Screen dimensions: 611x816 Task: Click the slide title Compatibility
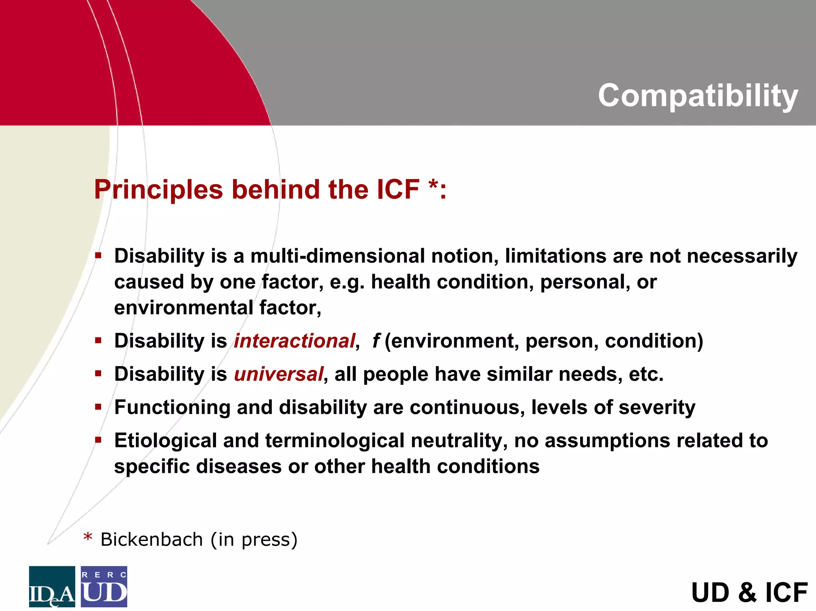click(x=698, y=96)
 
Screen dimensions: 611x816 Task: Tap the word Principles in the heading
click(x=158, y=189)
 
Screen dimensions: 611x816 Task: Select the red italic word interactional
click(x=294, y=341)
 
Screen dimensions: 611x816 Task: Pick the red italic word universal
click(x=279, y=374)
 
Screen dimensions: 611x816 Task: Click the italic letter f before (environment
click(x=375, y=341)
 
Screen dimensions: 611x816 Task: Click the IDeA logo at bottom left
click(x=52, y=586)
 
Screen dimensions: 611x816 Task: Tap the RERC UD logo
click(x=104, y=586)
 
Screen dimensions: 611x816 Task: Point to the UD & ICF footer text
click(x=749, y=592)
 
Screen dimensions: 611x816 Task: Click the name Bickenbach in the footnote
click(x=151, y=540)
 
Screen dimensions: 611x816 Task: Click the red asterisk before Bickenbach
click(x=88, y=538)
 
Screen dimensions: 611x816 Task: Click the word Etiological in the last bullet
click(x=165, y=441)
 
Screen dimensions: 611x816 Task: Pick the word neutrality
click(x=459, y=441)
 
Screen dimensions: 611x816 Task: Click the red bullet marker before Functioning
click(x=98, y=407)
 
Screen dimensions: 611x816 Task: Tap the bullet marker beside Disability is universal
click(x=98, y=374)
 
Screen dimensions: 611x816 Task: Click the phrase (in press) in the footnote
click(x=254, y=540)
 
